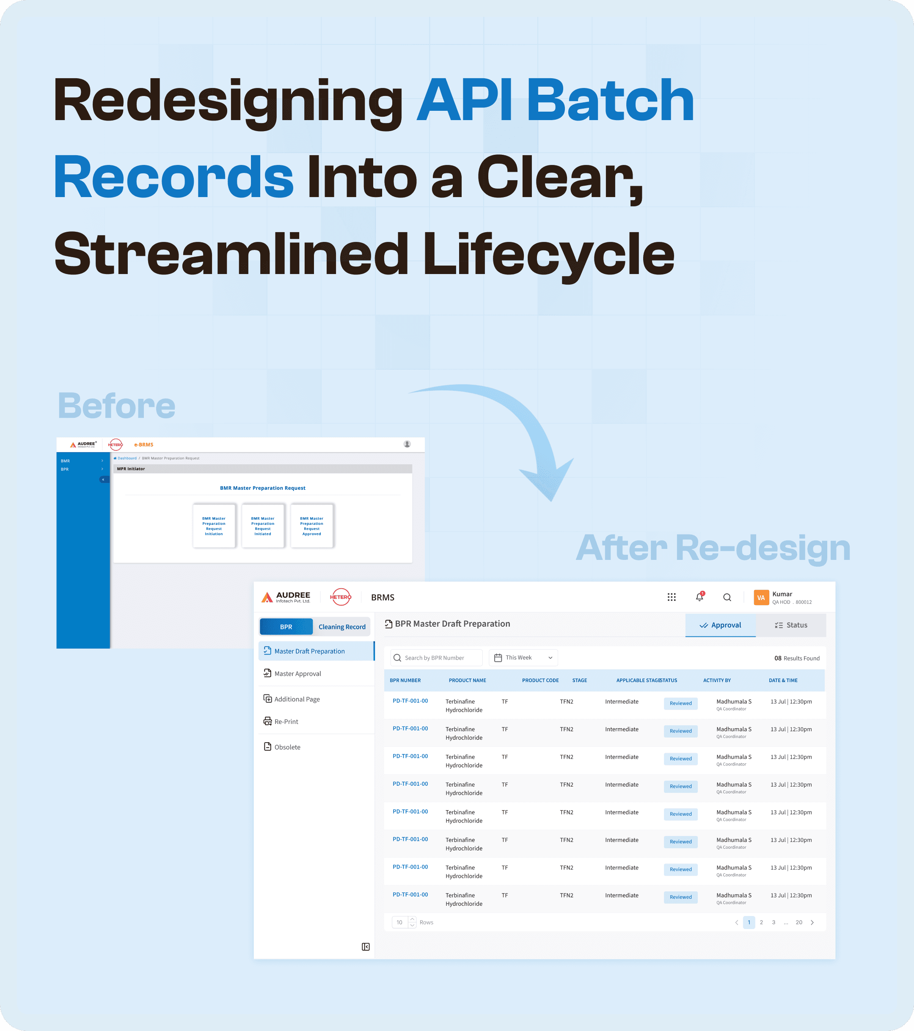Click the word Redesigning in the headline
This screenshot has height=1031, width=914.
227,101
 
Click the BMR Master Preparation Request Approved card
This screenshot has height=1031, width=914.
311,526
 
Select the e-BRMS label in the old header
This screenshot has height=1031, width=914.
143,444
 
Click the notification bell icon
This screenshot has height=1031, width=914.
699,597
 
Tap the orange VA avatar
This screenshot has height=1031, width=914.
760,597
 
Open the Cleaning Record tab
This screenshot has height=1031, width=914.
341,626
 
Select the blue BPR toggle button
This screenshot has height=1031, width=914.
286,626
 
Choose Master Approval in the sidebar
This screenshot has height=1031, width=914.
297,673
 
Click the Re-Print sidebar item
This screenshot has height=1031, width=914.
286,721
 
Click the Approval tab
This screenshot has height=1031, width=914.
720,625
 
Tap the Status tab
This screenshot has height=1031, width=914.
791,625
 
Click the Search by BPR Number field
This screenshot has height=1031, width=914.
437,658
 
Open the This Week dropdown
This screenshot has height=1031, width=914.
523,658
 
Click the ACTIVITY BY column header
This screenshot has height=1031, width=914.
717,680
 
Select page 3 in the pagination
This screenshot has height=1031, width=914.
773,922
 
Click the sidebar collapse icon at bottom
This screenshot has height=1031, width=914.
366,947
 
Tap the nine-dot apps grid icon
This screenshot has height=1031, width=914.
671,597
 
